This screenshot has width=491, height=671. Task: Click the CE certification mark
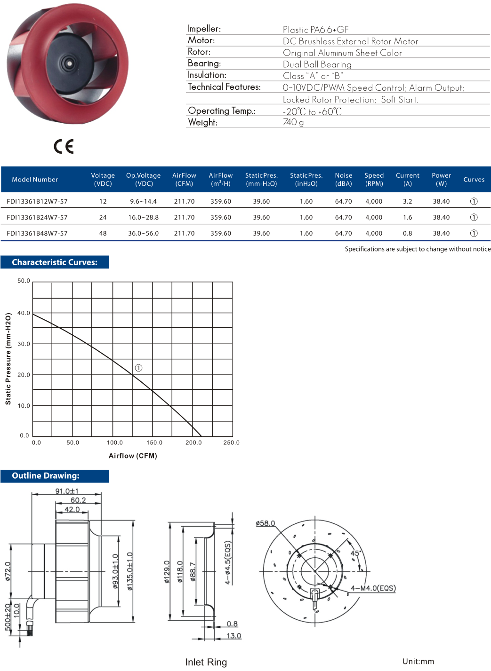64,147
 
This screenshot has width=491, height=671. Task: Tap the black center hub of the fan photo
69,63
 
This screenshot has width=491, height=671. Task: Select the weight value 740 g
293,122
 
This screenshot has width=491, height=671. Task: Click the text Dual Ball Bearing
317,64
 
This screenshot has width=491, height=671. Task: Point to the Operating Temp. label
221,111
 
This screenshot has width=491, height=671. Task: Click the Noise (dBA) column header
343,179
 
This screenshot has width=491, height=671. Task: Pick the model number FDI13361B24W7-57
37,217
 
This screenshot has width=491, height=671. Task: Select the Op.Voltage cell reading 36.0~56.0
143,233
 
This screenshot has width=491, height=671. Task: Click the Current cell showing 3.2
407,201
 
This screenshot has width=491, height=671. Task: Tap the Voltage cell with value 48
103,233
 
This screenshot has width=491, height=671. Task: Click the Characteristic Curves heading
55,262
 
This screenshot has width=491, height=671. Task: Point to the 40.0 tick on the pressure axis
24,313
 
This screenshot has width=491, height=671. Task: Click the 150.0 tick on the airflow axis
154,442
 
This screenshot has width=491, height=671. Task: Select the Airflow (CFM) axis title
133,456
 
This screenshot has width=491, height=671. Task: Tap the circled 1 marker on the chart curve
138,368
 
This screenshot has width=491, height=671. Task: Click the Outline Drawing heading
46,476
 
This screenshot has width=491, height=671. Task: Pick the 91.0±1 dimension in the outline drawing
67,491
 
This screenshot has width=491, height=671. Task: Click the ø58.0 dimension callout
266,523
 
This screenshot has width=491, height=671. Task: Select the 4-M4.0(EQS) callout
373,588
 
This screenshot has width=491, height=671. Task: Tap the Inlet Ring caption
206,662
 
